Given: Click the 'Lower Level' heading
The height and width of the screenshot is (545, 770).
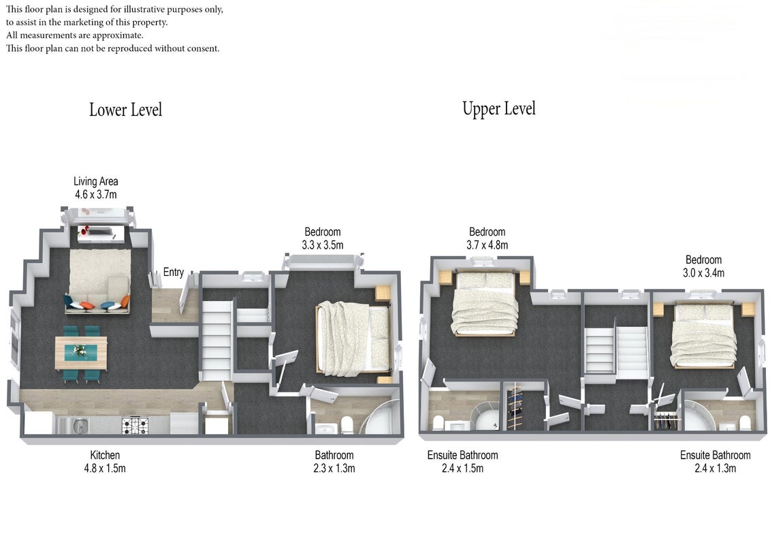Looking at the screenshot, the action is coord(126,110).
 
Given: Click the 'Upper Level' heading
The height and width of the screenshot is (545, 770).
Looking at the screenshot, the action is coord(499,109).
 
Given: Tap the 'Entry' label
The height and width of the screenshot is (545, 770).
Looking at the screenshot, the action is coord(174,272).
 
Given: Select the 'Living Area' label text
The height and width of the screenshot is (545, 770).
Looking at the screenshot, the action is coord(96,181).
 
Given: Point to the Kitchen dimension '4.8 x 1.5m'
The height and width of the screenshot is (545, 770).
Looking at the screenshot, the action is coord(105,468).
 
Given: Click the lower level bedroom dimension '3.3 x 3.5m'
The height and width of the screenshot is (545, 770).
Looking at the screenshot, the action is coord(323,245).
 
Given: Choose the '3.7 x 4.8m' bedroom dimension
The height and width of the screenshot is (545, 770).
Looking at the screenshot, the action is coord(487,245).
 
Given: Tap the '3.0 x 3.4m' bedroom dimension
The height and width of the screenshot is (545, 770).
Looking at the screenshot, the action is coord(703,272).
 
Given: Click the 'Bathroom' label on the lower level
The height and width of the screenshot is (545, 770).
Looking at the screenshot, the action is coord(334,455).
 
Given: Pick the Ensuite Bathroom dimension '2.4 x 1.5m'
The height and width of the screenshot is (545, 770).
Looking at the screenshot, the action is coord(462,468).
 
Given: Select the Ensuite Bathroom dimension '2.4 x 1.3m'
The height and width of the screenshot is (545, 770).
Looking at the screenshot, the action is coord(715,468).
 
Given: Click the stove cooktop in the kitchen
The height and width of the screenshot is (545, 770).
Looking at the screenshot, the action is coord(135,426).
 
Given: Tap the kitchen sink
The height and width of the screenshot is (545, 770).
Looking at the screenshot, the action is coord(78,425).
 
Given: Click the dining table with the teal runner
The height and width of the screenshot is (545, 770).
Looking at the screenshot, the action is coord(81,352).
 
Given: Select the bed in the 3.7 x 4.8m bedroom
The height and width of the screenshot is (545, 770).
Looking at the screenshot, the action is coord(485,302).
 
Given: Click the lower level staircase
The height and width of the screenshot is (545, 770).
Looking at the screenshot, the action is coord(216,340).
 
